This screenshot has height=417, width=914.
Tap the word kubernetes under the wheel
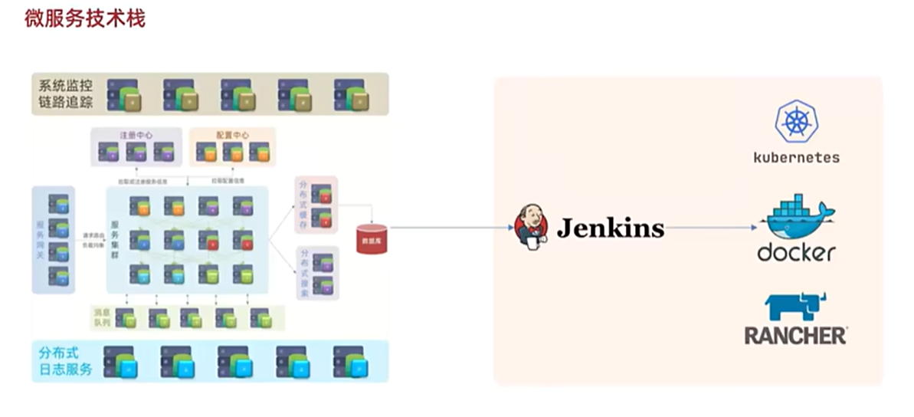coord(796,158)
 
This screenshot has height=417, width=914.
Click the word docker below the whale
coord(796,251)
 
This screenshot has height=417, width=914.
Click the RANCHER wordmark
coord(795,335)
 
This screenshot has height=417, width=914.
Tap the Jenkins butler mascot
coord(532,226)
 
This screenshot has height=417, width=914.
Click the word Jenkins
coord(610,228)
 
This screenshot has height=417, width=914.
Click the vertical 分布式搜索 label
coord(303,272)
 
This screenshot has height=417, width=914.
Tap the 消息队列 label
coord(102,317)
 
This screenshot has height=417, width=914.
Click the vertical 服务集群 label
coord(116,238)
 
